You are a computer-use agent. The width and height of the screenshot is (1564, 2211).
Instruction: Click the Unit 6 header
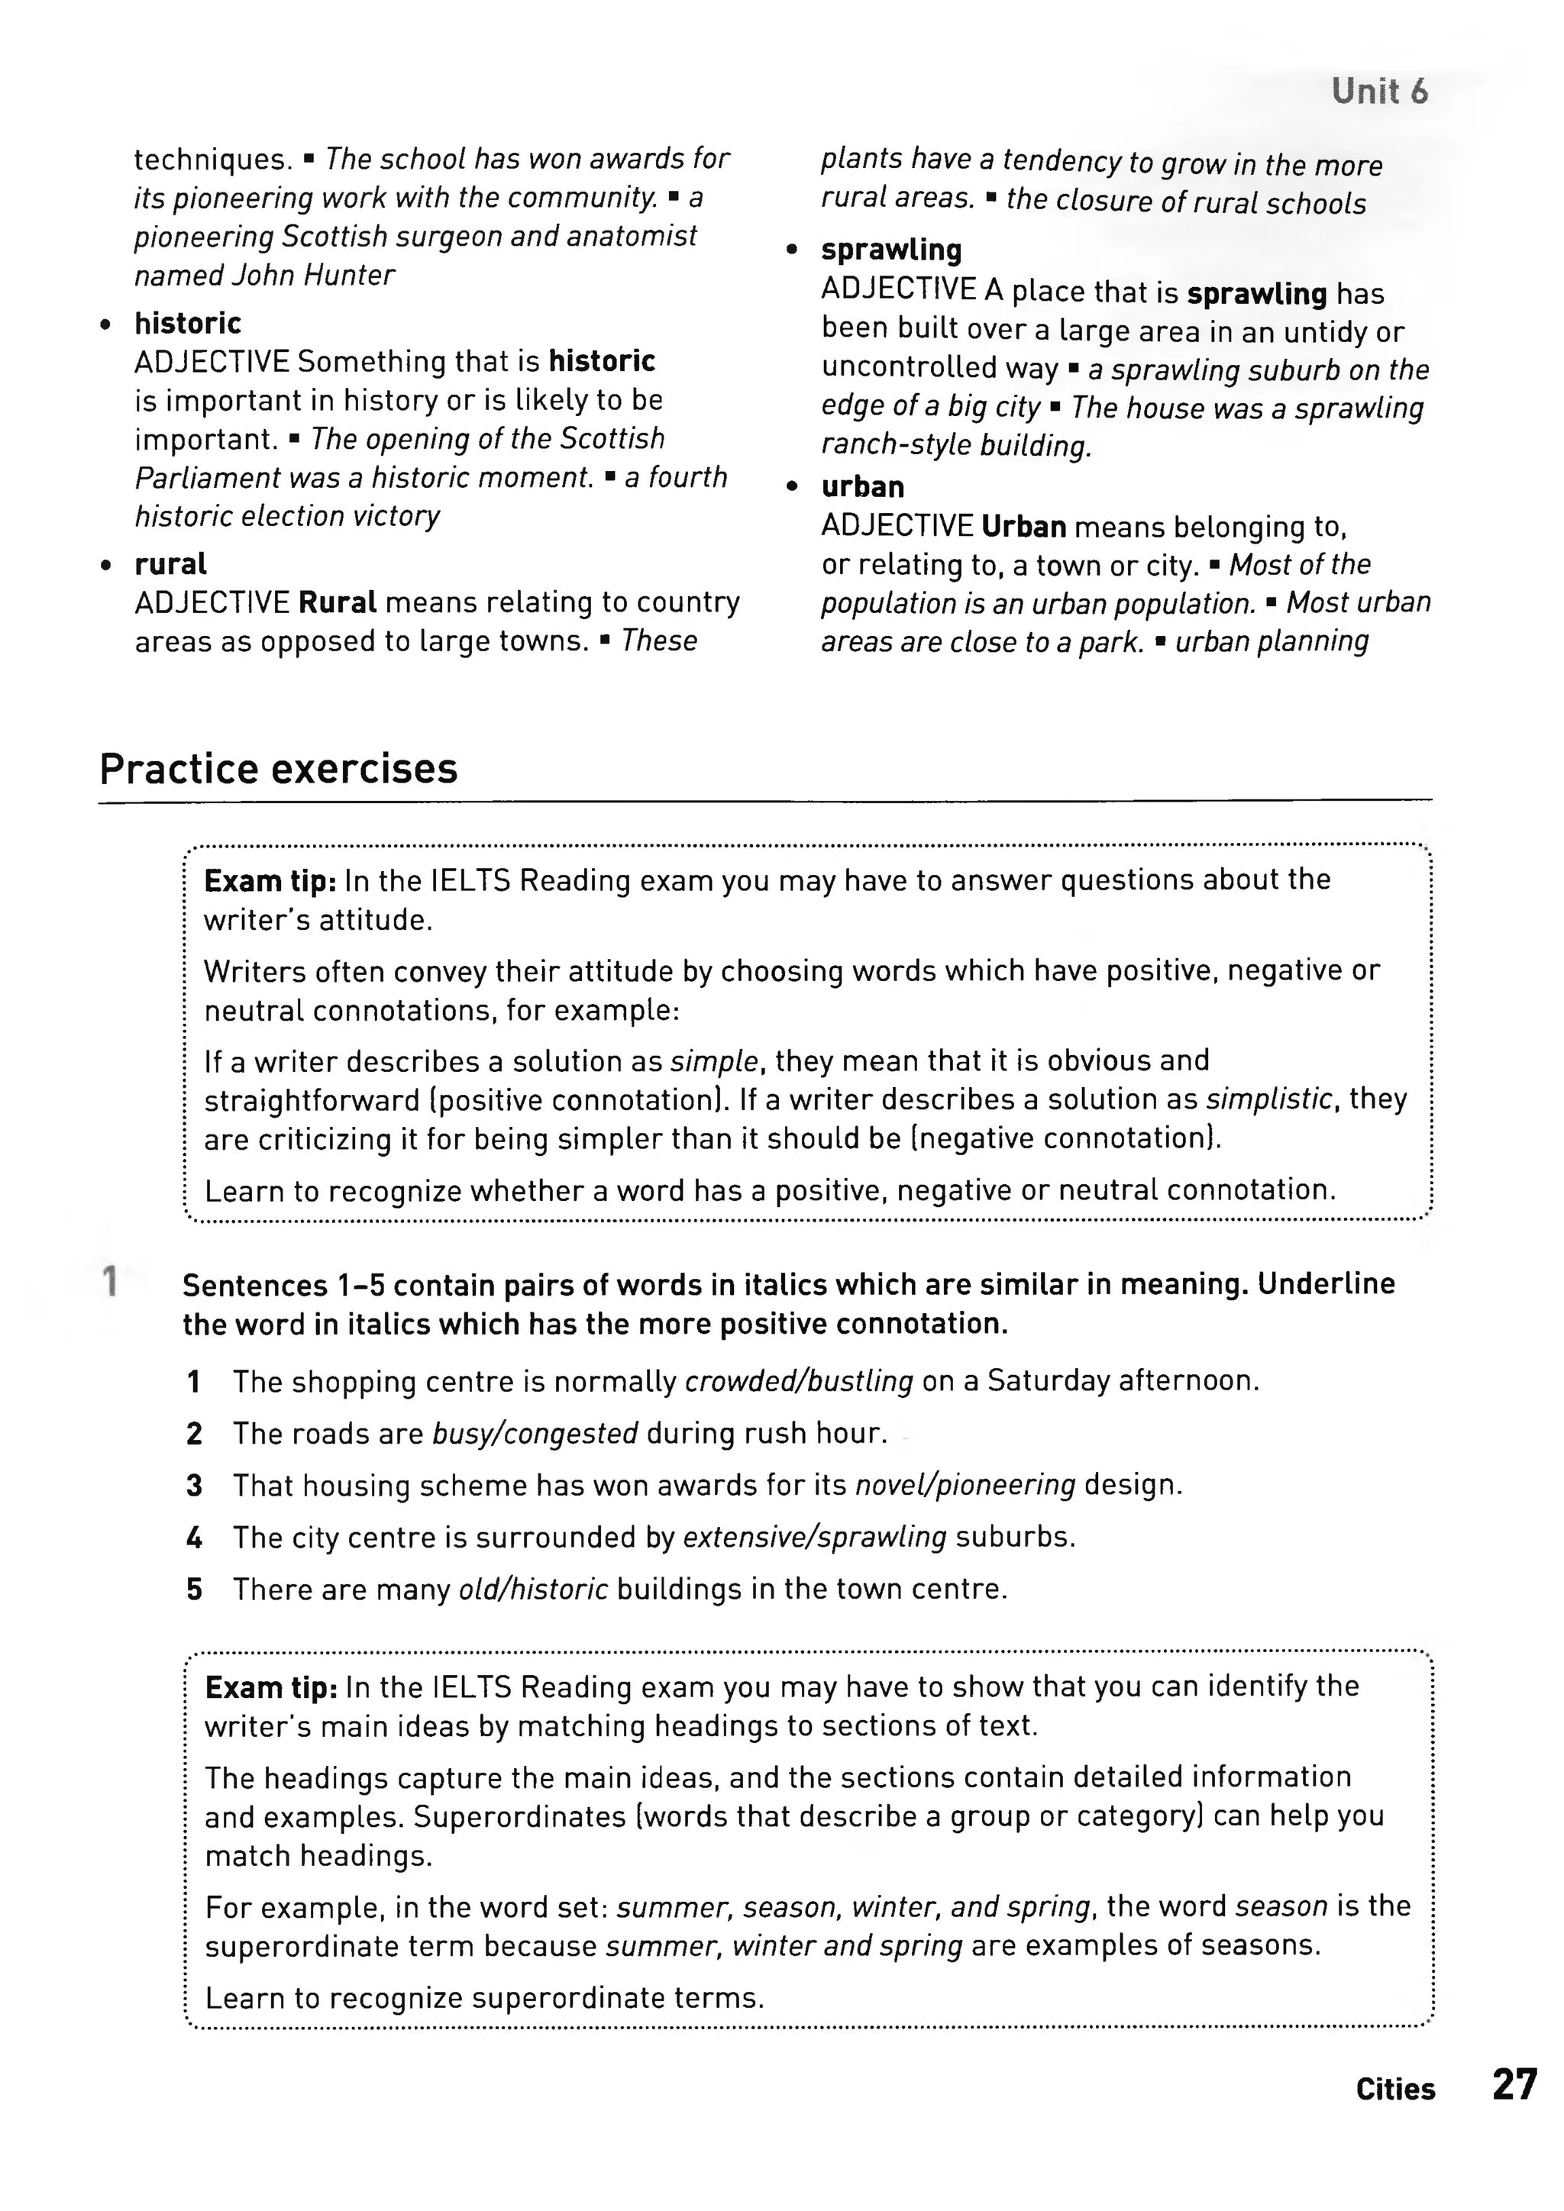pos(1379,92)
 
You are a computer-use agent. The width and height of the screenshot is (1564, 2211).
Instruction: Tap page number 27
pos(1514,2085)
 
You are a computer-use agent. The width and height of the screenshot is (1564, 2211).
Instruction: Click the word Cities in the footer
pos(1394,2089)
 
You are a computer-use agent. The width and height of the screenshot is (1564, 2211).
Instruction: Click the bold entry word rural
pos(170,563)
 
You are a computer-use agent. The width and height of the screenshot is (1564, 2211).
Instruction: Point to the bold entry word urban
pos(862,486)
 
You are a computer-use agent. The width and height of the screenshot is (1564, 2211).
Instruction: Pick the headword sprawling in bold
pos(891,250)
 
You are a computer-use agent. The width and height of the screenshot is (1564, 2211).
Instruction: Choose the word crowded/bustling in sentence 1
pos(798,1381)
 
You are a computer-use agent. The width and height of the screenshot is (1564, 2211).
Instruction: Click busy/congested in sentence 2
pos(535,1433)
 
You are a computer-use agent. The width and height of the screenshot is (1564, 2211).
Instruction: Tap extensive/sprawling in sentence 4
pos(815,1536)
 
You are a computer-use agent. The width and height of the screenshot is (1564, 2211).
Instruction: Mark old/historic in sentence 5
pos(532,1588)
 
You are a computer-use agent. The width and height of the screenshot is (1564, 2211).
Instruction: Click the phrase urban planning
pos(1272,641)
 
